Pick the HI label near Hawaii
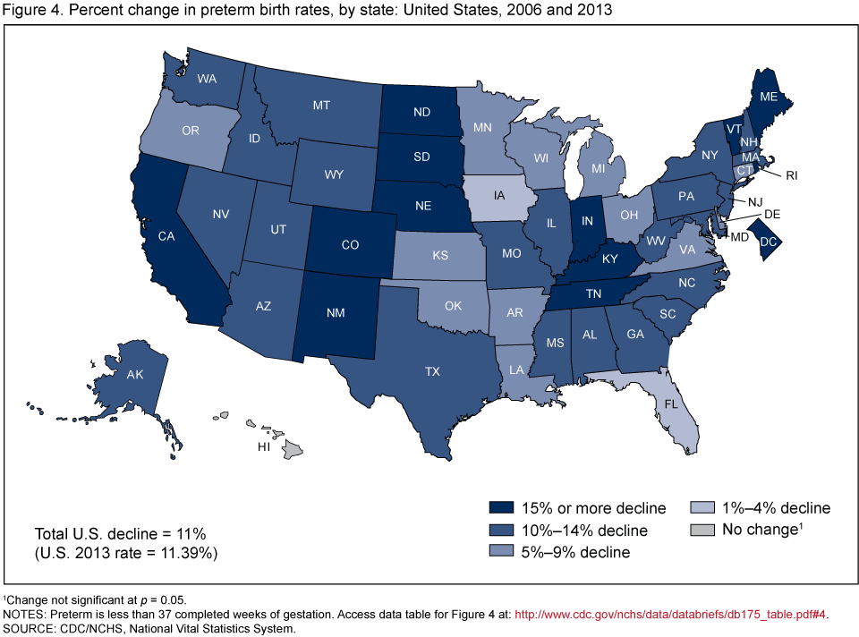264,446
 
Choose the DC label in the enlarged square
769,241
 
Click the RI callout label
791,176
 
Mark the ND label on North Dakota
422,113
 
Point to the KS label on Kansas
439,256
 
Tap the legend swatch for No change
704,530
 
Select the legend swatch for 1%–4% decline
704,508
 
